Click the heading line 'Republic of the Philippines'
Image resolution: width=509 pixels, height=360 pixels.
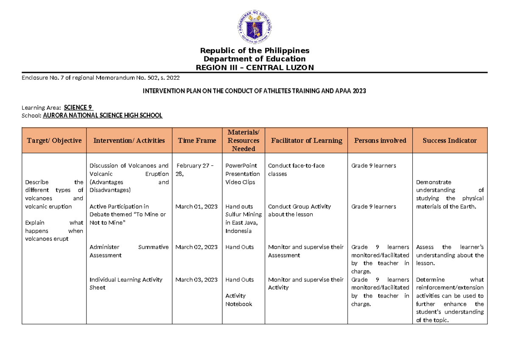255,50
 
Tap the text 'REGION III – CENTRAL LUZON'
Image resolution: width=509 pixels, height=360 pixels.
255,67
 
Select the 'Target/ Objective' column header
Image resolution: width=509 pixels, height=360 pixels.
54,140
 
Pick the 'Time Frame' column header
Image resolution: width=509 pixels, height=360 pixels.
197,140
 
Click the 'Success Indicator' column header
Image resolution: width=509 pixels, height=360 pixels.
450,140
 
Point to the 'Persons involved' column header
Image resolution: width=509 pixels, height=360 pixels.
379,140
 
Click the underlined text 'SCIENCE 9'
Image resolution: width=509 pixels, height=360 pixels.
78,108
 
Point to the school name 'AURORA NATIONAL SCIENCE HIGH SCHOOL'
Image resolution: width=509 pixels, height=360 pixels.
103,115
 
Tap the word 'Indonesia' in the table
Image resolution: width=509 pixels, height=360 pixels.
238,231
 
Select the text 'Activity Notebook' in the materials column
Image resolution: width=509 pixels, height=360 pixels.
238,300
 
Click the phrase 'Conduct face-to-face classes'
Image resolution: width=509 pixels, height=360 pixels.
296,170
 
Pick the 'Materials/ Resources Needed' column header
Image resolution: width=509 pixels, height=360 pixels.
243,140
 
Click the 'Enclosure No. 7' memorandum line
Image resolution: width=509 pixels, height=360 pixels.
103,78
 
